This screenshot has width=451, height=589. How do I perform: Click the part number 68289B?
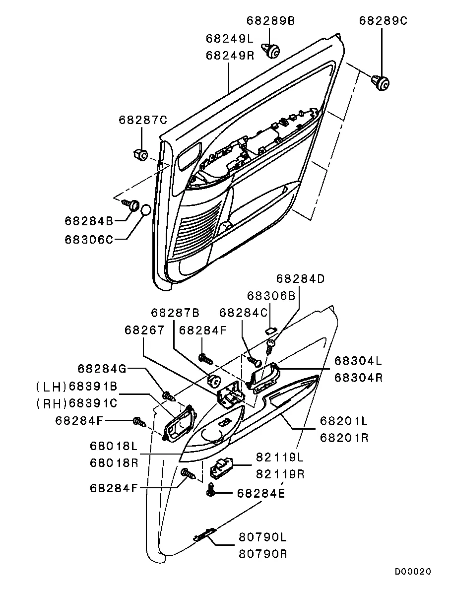coord(270,21)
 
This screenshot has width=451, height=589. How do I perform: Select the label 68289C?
coord(383,21)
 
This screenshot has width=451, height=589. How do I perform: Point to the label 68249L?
coord(230,39)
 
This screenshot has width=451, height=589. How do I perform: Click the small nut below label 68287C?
coord(140,155)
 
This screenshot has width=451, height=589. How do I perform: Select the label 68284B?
coord(89,220)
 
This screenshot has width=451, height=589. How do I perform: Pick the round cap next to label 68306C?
coord(145,210)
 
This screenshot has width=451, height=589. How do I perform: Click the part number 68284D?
coord(301,278)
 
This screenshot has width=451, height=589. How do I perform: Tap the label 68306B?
coord(271,295)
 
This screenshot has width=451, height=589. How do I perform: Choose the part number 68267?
coord(144,330)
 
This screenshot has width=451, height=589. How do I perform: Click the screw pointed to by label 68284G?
coord(169,396)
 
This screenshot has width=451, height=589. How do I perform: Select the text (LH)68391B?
coord(76,386)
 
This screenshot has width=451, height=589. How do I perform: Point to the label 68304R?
coord(358,377)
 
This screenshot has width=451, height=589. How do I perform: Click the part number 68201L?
coord(343,422)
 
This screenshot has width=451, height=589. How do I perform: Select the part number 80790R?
coord(263,554)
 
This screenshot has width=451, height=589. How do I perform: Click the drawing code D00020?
coord(413,572)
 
